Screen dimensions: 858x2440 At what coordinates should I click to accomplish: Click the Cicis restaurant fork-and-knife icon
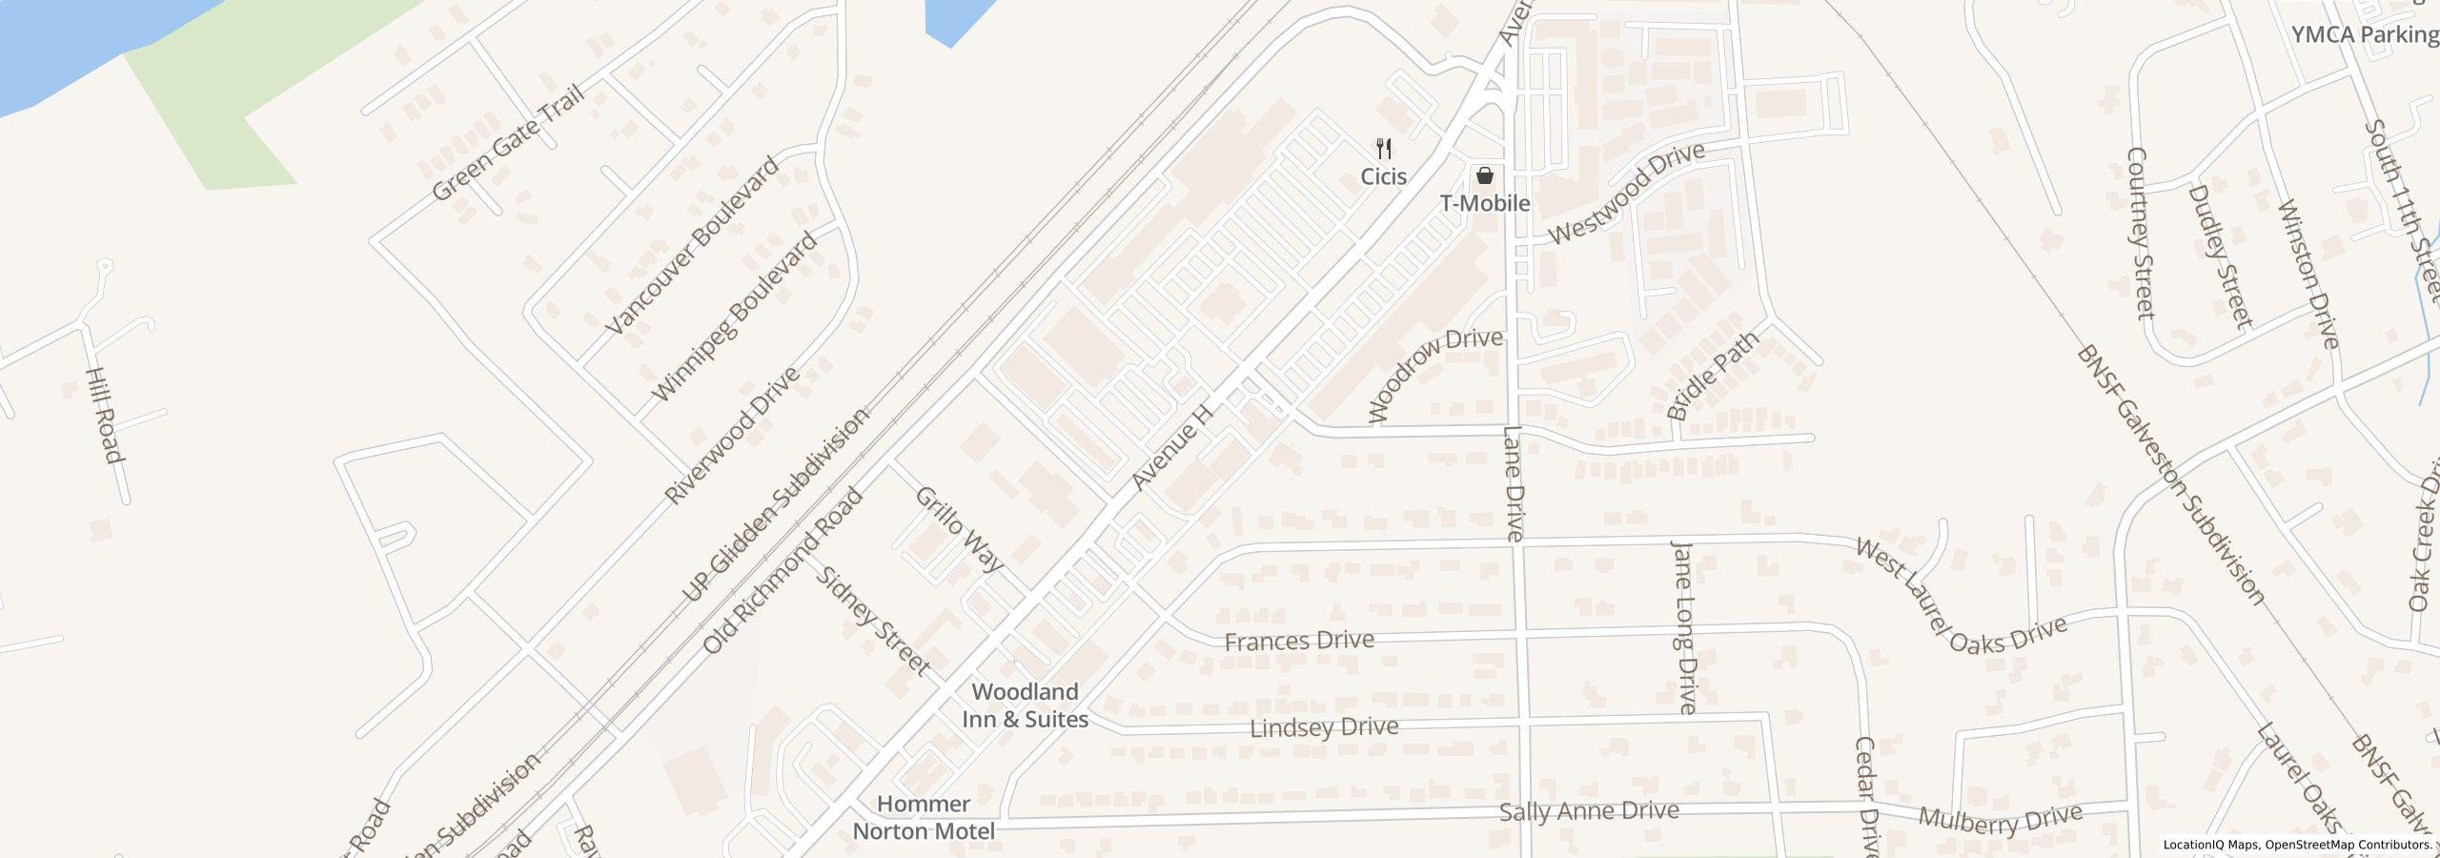tap(1384, 149)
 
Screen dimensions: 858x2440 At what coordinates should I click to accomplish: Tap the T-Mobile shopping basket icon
tap(1484, 175)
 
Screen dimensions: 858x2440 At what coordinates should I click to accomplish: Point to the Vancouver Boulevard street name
tap(692, 245)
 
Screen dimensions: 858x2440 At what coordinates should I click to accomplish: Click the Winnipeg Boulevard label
tap(734, 317)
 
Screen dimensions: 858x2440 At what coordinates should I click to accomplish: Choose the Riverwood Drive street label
tap(731, 436)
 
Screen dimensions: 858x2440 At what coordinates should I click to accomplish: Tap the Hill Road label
tap(105, 415)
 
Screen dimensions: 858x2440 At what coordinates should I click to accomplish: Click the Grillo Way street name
tap(959, 529)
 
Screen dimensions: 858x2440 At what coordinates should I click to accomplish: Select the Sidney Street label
tap(875, 621)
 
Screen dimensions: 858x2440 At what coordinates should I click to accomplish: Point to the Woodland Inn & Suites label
tap(1025, 705)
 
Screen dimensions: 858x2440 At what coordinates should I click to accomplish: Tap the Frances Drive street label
tap(1298, 640)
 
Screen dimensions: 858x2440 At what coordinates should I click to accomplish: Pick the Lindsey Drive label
tap(1324, 727)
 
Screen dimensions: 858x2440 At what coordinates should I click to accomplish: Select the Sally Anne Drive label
tap(1589, 811)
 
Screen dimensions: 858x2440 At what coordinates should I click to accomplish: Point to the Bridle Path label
tap(1713, 375)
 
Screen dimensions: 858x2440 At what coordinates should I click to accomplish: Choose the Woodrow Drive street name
tap(1434, 374)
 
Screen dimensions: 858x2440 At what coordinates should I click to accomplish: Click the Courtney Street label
tap(2140, 234)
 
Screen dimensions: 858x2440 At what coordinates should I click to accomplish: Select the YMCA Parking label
tap(2365, 35)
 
